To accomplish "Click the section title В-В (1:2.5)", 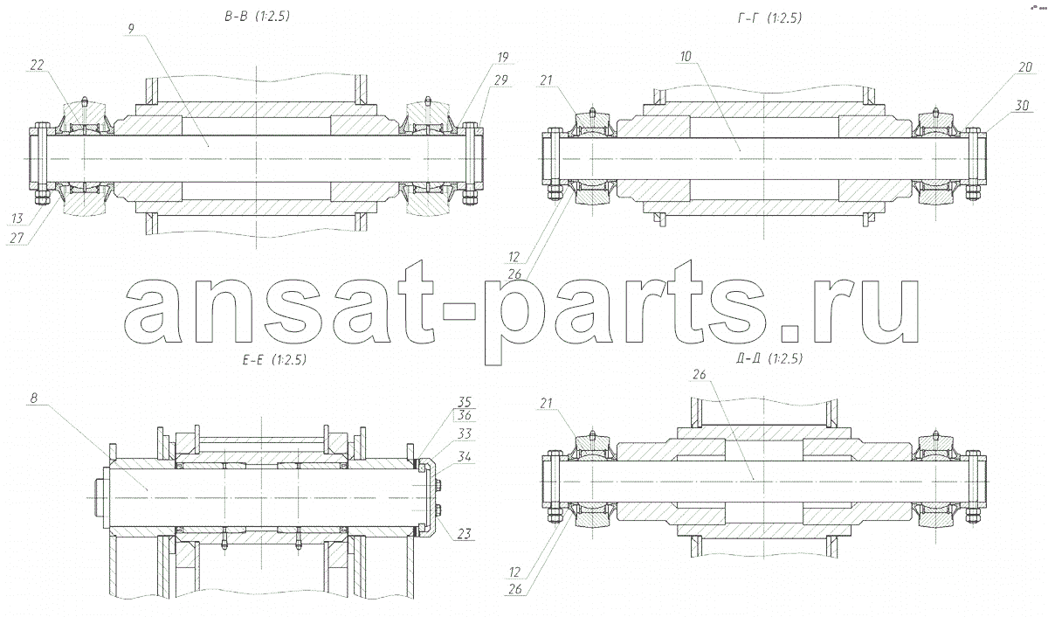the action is point(257,17).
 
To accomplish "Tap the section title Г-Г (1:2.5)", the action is point(769,18).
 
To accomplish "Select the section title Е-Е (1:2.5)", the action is point(274,359).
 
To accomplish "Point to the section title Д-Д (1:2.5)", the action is point(769,358).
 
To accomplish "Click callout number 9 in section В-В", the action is point(130,29).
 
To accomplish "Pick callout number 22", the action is point(37,65).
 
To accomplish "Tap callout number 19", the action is point(502,57).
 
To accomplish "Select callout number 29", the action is point(500,80).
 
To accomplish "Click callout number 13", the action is point(17,218).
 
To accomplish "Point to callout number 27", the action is point(17,238).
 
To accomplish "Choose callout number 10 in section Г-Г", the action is point(686,57).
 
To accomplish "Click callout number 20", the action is point(1025,67).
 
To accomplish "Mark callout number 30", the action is point(1022,106).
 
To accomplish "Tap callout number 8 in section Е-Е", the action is point(34,399).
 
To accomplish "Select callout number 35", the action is point(464,402).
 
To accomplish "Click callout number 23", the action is point(464,534).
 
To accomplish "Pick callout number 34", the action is point(464,456).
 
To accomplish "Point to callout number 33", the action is point(464,434).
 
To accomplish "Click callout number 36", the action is point(464,415).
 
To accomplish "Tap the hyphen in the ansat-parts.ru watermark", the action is point(458,313).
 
